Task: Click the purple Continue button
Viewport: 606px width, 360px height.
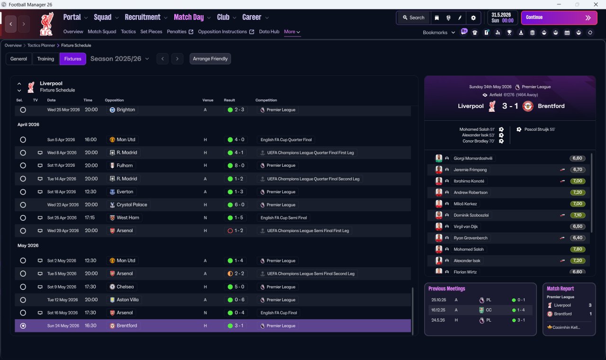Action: click(559, 18)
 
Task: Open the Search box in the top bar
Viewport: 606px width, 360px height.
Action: click(413, 18)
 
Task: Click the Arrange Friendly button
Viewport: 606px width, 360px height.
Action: click(210, 59)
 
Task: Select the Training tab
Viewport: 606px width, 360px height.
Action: click(45, 59)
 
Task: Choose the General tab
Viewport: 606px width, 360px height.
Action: click(18, 59)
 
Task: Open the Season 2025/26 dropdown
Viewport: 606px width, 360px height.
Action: click(120, 59)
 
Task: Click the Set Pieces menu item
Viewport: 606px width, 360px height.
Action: click(151, 31)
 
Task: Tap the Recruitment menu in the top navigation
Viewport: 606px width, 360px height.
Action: click(143, 17)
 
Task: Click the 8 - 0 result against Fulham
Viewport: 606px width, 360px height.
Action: click(239, 165)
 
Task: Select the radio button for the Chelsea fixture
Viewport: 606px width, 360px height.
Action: click(23, 287)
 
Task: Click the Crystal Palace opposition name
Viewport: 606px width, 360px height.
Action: click(132, 205)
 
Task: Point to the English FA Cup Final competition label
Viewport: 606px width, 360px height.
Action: click(279, 313)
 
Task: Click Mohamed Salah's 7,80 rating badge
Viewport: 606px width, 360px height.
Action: click(578, 249)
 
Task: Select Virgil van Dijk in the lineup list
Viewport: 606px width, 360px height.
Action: click(465, 226)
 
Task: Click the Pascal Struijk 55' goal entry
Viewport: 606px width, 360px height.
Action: click(539, 129)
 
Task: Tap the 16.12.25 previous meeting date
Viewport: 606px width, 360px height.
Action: click(438, 310)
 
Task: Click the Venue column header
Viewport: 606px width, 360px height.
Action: click(208, 100)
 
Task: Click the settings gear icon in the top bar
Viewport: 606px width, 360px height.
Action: click(473, 18)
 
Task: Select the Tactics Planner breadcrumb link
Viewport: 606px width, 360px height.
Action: click(41, 45)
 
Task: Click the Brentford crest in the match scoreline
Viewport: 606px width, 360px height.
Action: click(528, 106)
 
